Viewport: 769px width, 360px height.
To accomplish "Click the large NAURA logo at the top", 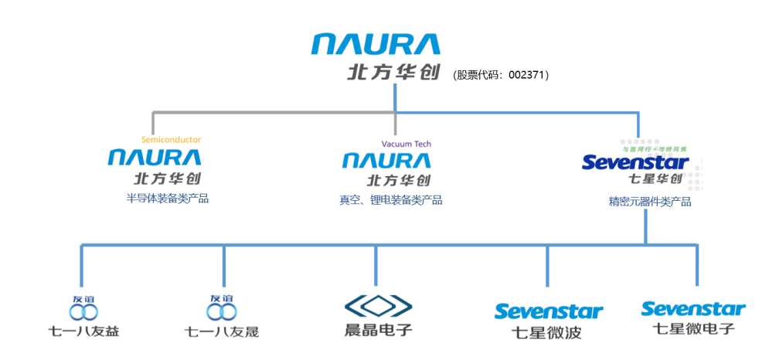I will (x=376, y=44).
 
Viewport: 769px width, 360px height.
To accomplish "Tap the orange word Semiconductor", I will (x=171, y=140).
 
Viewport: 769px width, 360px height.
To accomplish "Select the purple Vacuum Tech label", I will (x=407, y=144).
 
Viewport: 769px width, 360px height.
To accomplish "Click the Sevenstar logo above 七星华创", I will (x=635, y=162).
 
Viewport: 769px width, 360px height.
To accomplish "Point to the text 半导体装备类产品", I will (x=168, y=199).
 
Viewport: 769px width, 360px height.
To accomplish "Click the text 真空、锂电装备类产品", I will (x=390, y=200).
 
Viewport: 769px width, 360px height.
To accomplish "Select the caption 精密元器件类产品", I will (x=649, y=202).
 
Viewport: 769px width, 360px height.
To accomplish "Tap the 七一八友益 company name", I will (x=84, y=332).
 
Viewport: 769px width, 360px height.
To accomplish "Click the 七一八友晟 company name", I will (x=222, y=332).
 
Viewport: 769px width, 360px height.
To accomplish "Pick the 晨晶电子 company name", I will (x=378, y=330).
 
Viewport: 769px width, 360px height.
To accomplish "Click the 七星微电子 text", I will (x=693, y=329).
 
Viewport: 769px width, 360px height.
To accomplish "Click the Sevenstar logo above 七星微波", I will (x=548, y=311).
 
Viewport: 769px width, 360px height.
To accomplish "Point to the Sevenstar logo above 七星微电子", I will (x=693, y=309).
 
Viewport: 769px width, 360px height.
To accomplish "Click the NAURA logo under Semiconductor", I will (x=155, y=158).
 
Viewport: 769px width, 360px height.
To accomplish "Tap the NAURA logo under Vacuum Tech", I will (x=386, y=161).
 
